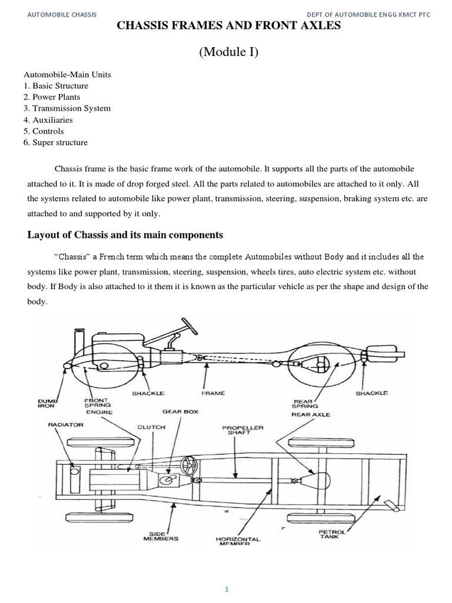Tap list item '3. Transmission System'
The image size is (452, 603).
tap(67, 108)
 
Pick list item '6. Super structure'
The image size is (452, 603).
tap(55, 143)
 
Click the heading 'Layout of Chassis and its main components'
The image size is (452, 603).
tap(125, 235)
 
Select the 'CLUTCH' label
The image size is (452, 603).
tap(151, 427)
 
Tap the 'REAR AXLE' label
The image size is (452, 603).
tap(310, 415)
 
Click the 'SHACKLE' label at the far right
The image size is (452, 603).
tap(371, 393)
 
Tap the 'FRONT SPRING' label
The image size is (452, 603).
tap(95, 402)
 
